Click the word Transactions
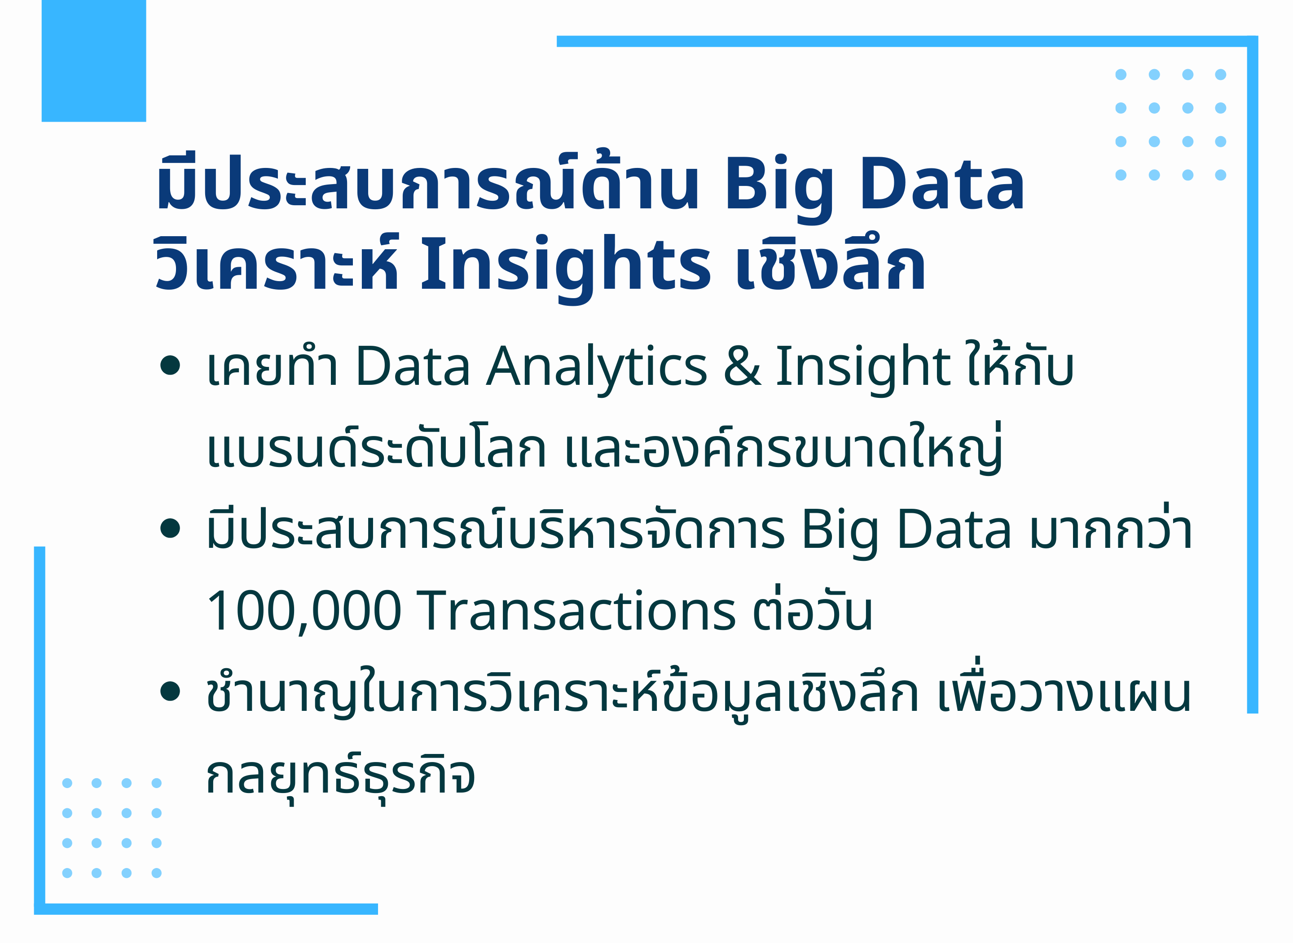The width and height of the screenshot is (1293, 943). coord(576,611)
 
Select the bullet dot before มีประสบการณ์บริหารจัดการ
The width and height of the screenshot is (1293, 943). coord(170,528)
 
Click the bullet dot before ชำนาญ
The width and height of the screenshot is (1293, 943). coord(170,691)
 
